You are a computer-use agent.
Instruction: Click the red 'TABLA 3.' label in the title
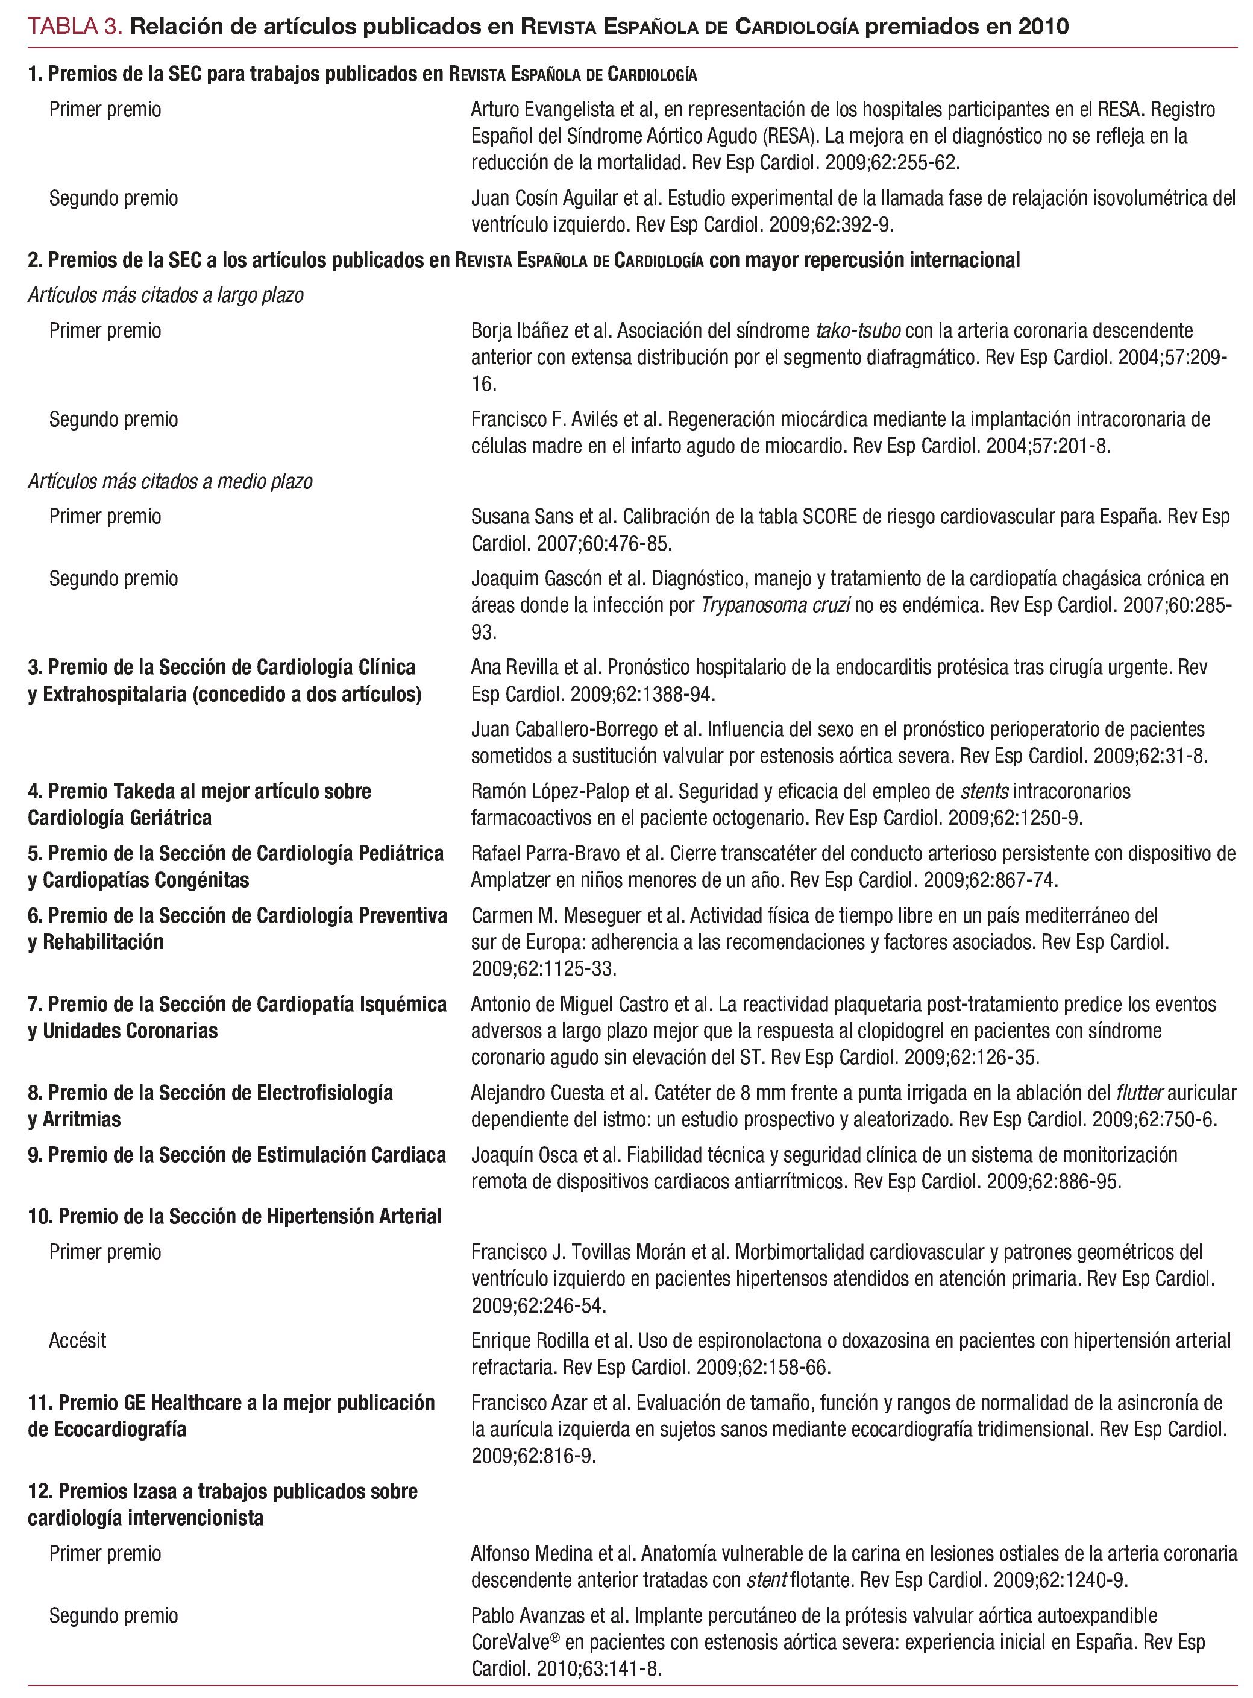tap(74, 27)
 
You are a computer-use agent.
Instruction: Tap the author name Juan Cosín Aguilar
tap(545, 199)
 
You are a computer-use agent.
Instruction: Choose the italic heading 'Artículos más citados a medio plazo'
tap(170, 482)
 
